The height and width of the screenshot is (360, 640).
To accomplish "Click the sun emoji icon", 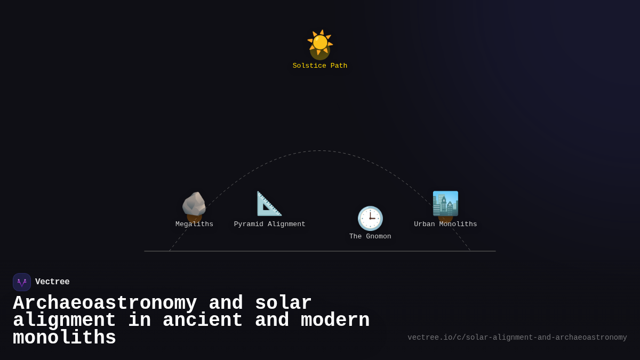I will point(320,43).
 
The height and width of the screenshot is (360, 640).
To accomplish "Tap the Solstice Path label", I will point(320,66).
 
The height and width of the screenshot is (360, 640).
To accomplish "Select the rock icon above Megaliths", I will point(194,204).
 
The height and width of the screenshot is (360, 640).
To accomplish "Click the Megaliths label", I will point(194,225).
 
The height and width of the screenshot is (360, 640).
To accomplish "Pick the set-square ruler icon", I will point(269,204).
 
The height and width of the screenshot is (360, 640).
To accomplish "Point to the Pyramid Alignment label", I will point(269,225).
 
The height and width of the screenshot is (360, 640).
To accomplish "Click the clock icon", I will point(370,218).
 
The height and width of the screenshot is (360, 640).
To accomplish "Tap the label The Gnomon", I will point(370,237).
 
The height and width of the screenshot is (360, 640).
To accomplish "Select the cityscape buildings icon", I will point(445,204).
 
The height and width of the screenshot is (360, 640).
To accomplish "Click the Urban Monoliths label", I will point(445,225).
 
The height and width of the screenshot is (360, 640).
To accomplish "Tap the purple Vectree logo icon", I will point(22,282).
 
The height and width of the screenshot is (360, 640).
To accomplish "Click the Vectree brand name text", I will point(52,282).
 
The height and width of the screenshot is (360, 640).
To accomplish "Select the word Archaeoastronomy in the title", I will point(105,303).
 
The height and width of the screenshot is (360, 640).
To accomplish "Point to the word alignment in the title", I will point(64,321).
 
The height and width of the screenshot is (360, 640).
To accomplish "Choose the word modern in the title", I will point(335,321).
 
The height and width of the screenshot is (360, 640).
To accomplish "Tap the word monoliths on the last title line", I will point(64,338).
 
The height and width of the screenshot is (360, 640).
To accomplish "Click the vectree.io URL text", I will point(517,338).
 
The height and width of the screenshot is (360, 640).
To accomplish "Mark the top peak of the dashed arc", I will point(319,151).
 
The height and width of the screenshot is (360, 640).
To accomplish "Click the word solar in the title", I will point(283,303).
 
